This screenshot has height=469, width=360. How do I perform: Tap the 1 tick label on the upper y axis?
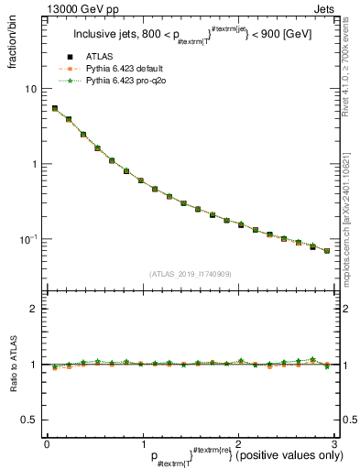pos(34,164)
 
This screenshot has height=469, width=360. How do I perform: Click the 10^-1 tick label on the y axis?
pos(29,239)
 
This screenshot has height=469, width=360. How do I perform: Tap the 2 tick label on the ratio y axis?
pos(34,309)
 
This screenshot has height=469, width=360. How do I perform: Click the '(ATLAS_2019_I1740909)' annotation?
pos(189,273)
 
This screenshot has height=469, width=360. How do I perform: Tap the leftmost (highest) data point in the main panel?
pos(55,108)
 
